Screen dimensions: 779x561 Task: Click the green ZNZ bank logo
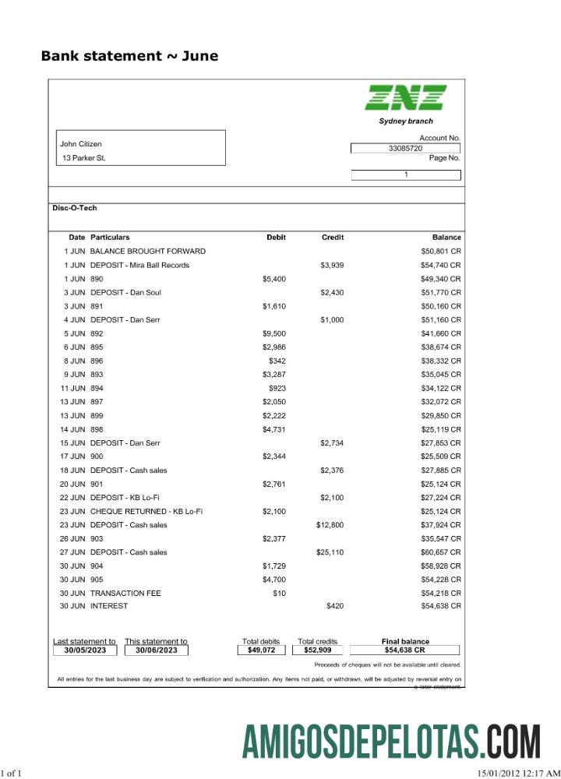tap(405, 97)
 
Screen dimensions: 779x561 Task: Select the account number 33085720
tap(405, 148)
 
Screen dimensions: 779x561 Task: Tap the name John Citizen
tap(81, 144)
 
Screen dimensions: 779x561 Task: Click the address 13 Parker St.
tap(84, 158)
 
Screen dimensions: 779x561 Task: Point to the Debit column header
tap(276, 237)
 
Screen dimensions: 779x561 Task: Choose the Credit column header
tap(333, 237)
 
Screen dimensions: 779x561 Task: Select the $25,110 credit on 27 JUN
tap(330, 552)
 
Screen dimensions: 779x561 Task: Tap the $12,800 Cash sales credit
tap(330, 525)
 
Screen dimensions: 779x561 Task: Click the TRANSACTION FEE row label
tap(125, 594)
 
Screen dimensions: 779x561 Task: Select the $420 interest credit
tap(334, 606)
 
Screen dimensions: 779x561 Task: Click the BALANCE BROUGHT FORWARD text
tap(148, 251)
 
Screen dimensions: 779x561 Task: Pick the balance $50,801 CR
tap(441, 251)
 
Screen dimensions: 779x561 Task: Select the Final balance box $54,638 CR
tap(404, 650)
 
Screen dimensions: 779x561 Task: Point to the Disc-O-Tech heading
tap(75, 208)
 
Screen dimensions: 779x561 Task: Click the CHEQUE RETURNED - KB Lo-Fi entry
tap(146, 511)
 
